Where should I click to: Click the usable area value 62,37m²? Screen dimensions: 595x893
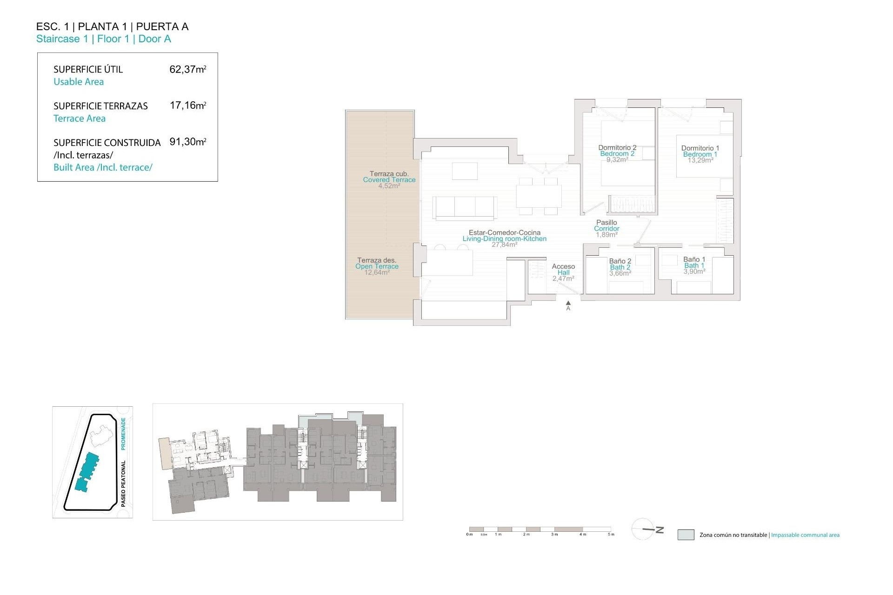(187, 70)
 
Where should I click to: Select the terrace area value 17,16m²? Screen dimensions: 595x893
(187, 106)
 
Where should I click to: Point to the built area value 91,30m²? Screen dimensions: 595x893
(187, 142)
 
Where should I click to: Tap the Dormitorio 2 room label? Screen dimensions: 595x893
(617, 148)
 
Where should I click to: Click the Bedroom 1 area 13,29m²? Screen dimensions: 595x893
(700, 160)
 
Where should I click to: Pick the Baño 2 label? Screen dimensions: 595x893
(620, 261)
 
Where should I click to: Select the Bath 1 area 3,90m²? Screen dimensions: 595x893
(694, 271)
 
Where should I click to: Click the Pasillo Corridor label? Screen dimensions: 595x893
(606, 225)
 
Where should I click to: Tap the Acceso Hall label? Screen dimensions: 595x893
(563, 270)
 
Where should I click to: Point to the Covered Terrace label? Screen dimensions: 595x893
(389, 180)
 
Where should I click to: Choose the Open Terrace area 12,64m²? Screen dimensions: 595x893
(377, 272)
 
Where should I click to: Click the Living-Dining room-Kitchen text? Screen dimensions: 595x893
(504, 239)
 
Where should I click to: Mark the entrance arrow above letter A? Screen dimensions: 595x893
(568, 303)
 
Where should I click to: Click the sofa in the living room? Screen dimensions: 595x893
(465, 207)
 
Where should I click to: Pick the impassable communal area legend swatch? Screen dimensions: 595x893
(686, 535)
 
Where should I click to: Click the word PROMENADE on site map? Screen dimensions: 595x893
(123, 433)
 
